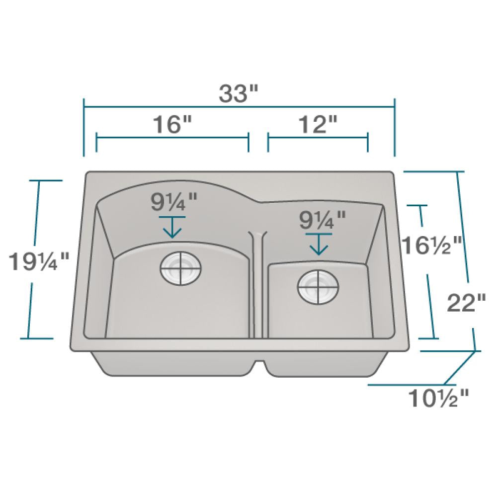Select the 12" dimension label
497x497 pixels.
[x=318, y=124]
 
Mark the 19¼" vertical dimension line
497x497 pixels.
[x=32, y=298]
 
